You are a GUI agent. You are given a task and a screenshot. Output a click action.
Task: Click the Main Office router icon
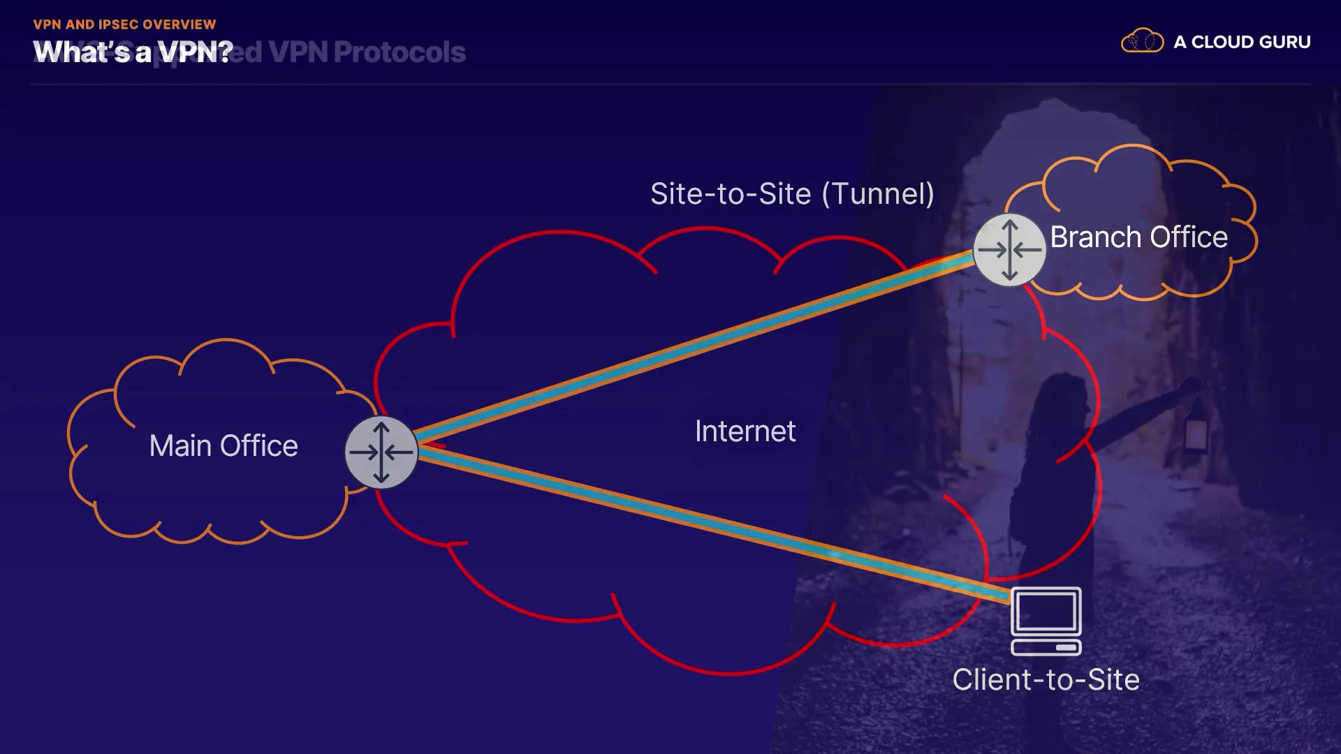click(381, 452)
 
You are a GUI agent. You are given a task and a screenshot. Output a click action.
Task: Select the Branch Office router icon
click(1009, 249)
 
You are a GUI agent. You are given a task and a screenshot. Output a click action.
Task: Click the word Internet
click(745, 431)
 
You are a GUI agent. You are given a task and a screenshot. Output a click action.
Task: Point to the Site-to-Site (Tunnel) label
click(792, 194)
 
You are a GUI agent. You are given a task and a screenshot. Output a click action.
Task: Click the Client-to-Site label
click(1046, 680)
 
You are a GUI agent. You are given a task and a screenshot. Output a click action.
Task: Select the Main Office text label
click(223, 446)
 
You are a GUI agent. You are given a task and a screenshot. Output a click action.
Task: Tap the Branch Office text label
click(1138, 237)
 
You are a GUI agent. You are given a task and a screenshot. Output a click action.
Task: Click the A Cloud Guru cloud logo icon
click(1142, 41)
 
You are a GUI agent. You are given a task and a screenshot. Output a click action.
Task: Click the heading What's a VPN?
click(133, 52)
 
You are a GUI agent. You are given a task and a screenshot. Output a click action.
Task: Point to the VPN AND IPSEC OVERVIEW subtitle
click(124, 24)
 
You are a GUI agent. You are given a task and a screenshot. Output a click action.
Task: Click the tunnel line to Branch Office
click(698, 345)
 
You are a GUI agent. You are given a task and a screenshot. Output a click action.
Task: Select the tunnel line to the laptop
click(698, 520)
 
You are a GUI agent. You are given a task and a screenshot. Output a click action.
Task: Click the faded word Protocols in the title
click(400, 52)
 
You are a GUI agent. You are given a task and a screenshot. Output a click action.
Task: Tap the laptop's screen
click(1046, 610)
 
